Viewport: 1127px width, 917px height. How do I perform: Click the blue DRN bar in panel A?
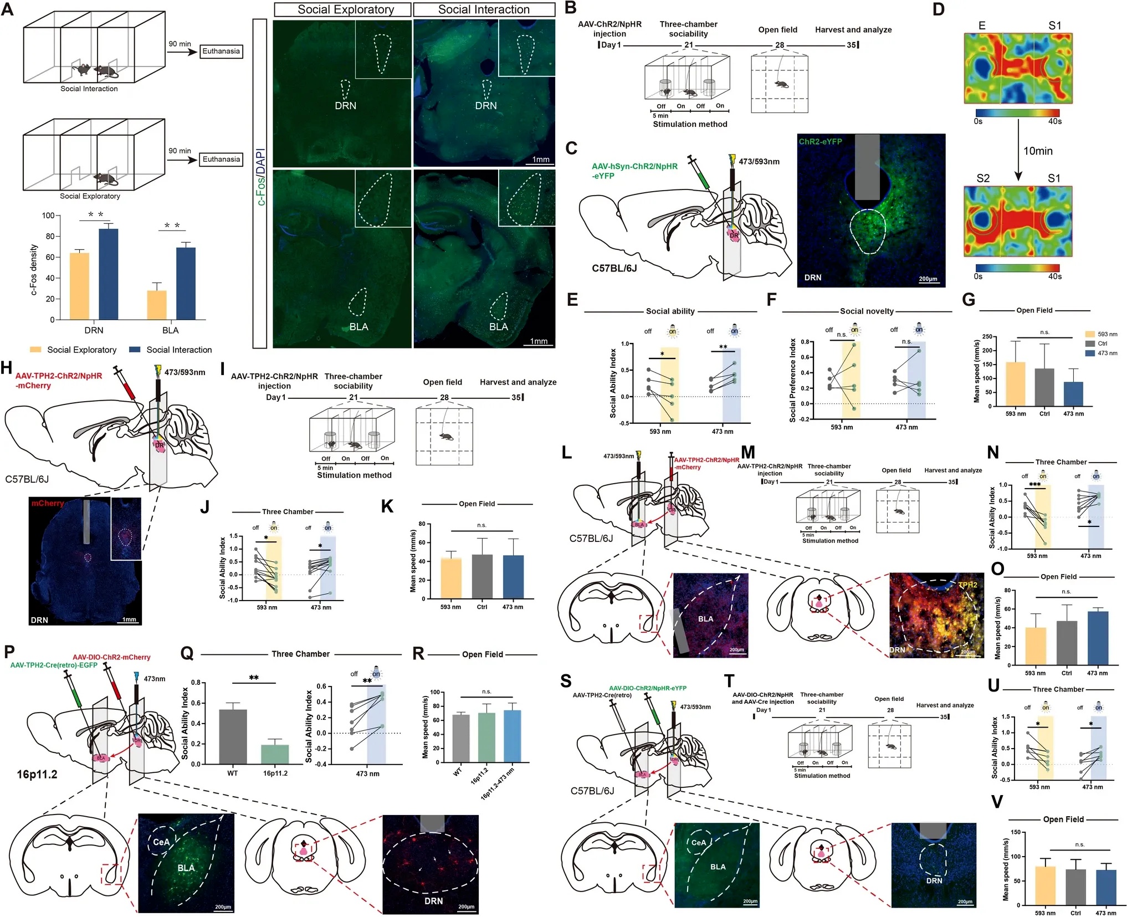click(x=109, y=274)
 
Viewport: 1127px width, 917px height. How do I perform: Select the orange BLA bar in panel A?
click(x=157, y=305)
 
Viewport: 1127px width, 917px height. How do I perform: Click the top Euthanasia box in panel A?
click(x=221, y=52)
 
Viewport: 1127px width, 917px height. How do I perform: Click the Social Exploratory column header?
click(x=345, y=9)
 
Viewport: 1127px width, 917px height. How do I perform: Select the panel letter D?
click(x=939, y=9)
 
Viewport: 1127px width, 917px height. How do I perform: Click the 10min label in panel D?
click(x=1037, y=151)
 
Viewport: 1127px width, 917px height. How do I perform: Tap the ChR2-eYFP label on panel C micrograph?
click(x=820, y=142)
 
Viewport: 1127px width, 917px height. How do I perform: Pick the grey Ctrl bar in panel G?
click(x=1044, y=387)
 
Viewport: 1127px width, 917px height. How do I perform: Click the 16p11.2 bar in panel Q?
click(x=275, y=755)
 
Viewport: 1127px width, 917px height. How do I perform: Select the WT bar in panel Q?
click(x=233, y=737)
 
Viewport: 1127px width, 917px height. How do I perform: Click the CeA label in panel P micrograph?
click(x=161, y=842)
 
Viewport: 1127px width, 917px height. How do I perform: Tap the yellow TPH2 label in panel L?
click(x=967, y=585)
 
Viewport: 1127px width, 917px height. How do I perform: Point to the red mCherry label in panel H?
click(x=48, y=503)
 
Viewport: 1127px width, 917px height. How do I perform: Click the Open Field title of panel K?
click(x=477, y=504)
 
